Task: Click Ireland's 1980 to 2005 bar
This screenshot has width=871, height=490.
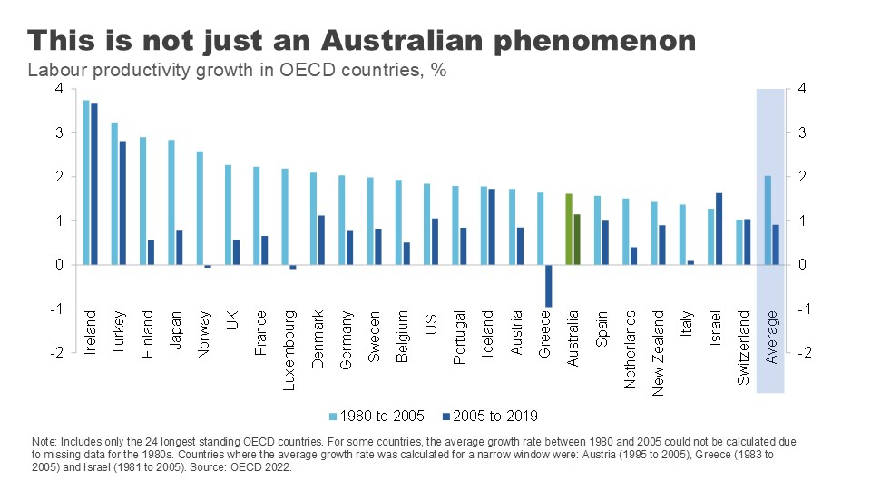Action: pos(86,181)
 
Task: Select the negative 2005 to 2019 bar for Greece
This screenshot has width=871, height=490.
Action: pos(548,286)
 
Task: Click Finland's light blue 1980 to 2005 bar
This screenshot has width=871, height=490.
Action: pos(142,201)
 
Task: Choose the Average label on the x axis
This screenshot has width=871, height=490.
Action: pos(772,338)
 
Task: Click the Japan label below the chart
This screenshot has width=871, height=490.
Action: pos(175,329)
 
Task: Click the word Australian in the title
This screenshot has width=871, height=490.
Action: pos(376,40)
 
